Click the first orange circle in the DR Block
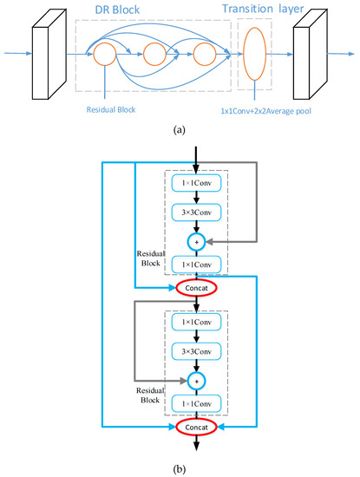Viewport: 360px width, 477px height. click(104, 56)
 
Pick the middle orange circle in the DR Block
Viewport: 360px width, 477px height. click(154, 56)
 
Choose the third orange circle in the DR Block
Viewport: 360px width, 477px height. click(205, 56)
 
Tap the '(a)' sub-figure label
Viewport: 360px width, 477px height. click(178, 129)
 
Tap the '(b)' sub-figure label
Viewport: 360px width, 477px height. click(178, 468)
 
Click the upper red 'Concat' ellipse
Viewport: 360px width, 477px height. click(198, 286)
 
